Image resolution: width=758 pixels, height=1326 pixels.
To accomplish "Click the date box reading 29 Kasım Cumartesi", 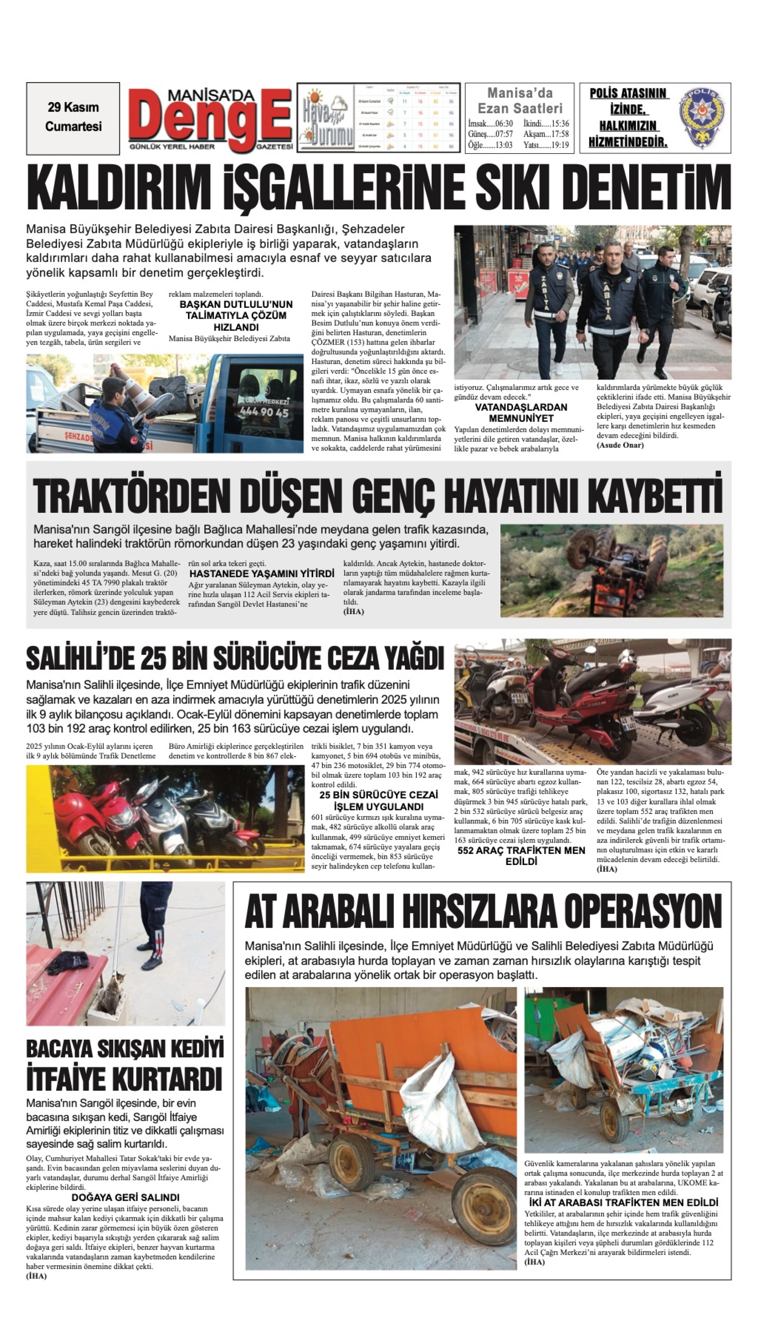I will tap(73, 118).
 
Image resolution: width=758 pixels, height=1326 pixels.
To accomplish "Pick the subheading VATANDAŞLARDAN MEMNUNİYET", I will tap(521, 413).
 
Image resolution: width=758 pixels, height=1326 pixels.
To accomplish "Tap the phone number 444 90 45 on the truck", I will tap(264, 412).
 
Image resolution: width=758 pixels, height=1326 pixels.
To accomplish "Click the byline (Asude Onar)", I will tap(620, 445).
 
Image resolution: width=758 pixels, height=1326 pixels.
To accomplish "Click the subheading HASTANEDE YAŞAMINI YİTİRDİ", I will tap(261, 574).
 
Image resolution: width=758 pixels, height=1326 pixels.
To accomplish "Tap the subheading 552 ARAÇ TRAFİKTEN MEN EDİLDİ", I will tap(521, 856).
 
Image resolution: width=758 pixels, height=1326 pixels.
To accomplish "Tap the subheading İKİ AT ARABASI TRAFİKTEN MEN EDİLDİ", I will tap(623, 1213).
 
